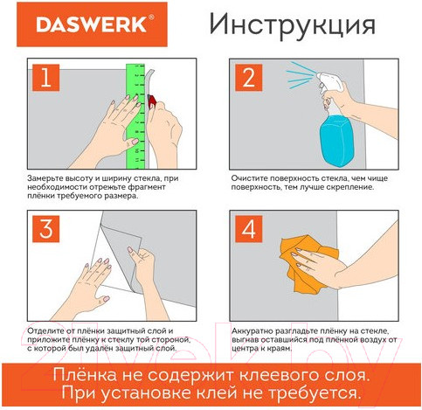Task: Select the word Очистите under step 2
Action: coord(253,178)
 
